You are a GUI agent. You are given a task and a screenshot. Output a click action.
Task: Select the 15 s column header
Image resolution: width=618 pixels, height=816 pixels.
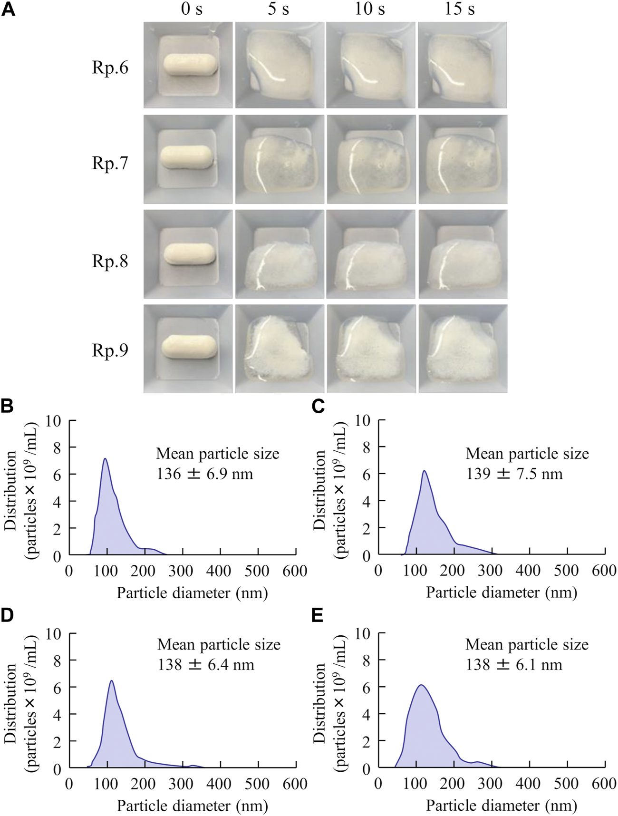[x=459, y=9]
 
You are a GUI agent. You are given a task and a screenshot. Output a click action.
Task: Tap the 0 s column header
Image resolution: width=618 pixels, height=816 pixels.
[x=192, y=9]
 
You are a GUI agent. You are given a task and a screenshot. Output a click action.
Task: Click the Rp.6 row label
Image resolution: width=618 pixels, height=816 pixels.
[x=110, y=68]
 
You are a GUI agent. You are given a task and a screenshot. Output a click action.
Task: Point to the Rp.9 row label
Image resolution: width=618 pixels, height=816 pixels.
[x=110, y=350]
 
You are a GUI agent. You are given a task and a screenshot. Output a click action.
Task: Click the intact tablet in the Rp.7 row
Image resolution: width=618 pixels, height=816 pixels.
[x=187, y=157]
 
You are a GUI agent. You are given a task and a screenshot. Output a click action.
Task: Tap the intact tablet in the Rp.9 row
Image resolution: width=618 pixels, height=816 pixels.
[x=189, y=347]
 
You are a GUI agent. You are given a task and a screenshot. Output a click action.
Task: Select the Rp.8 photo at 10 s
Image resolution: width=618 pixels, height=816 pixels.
[x=371, y=254]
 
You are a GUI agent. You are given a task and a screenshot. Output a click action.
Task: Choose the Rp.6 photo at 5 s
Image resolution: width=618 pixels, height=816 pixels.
[x=280, y=65]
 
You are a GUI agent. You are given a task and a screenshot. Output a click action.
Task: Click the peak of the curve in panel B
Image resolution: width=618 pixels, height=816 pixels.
[x=105, y=459]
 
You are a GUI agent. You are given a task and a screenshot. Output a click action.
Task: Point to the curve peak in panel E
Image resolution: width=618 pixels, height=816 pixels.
[x=421, y=685]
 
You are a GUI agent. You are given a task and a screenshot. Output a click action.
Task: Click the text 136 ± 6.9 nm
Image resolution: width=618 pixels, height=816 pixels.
[x=205, y=474]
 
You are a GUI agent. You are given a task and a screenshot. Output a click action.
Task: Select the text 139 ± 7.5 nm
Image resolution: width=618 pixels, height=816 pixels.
[x=514, y=474]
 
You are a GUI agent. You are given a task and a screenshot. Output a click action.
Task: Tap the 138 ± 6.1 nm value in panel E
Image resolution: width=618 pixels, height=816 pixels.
[x=514, y=665]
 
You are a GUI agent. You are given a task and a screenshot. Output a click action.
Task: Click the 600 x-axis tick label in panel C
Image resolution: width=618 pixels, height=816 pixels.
[x=604, y=570]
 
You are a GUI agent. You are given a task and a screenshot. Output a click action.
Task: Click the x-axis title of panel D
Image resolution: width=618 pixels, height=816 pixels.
[x=193, y=806]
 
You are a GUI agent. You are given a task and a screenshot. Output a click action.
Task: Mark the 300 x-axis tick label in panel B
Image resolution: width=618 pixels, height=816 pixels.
[x=181, y=571]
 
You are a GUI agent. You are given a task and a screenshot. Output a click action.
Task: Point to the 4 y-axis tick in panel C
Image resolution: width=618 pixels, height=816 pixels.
[x=367, y=502]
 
